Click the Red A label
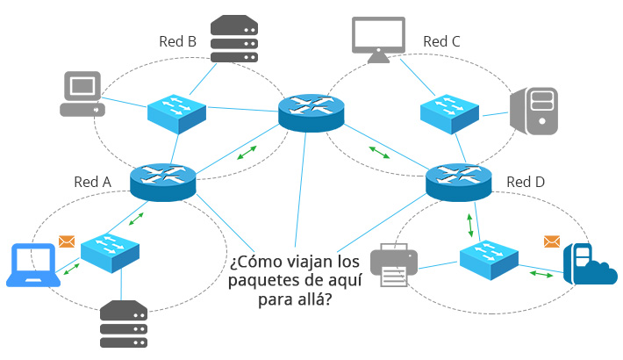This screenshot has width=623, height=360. click(x=93, y=182)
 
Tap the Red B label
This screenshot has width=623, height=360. click(x=177, y=41)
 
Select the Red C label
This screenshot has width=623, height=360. click(x=441, y=41)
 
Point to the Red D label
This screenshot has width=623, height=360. click(x=526, y=182)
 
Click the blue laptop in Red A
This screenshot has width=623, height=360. click(x=33, y=265)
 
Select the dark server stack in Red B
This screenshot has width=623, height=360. click(x=234, y=39)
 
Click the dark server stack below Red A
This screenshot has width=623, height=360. click(x=124, y=324)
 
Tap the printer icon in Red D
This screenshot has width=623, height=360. click(x=394, y=264)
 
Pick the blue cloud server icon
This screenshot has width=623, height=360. click(x=590, y=264)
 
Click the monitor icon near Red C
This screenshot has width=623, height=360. click(x=379, y=40)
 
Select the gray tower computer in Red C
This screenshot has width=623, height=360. click(x=534, y=111)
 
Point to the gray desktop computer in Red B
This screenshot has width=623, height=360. click(x=82, y=94)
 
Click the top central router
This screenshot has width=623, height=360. click(x=311, y=113)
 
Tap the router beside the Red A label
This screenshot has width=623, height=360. click(x=163, y=182)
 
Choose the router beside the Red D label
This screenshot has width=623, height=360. click(x=459, y=182)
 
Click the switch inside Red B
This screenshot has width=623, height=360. click(x=176, y=114)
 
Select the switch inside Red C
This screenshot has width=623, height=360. click(x=450, y=114)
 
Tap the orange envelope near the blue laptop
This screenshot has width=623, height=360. click(x=67, y=241)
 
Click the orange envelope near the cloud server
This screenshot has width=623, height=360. click(x=552, y=241)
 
